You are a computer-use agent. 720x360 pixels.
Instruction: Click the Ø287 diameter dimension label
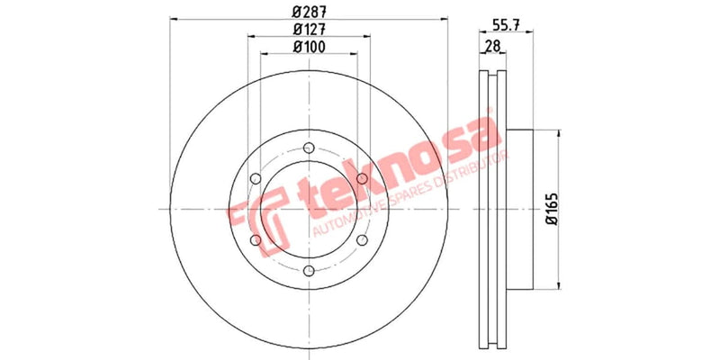click(x=309, y=12)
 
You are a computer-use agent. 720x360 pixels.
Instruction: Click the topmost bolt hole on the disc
click(x=309, y=148)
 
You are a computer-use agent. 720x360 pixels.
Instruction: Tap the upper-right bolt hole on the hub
click(x=361, y=178)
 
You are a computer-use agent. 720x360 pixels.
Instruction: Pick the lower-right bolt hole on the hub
click(x=361, y=239)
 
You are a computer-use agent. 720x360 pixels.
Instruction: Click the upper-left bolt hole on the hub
click(x=256, y=178)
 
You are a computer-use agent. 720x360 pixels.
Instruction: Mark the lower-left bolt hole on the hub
click(x=256, y=239)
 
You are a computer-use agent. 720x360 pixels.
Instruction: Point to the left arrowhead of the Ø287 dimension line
click(x=173, y=19)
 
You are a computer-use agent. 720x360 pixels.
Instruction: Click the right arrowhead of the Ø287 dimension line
click(x=445, y=19)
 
